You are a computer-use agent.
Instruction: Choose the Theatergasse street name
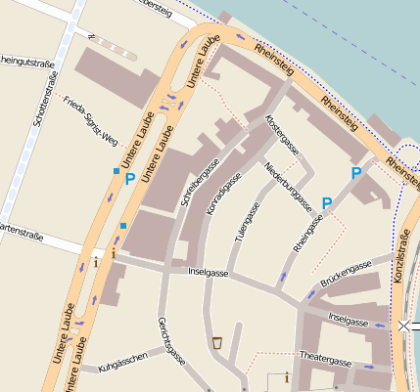click(x=325, y=360)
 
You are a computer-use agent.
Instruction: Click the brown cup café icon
click(x=216, y=342)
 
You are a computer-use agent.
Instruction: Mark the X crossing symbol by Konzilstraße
click(x=405, y=325)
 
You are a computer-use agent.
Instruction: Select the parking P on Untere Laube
click(x=129, y=179)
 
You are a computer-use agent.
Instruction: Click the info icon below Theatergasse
click(x=286, y=376)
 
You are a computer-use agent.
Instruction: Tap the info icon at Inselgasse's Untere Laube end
click(x=96, y=261)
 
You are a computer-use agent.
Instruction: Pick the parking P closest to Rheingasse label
click(x=327, y=203)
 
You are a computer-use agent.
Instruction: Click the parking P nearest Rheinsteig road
click(x=356, y=173)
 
